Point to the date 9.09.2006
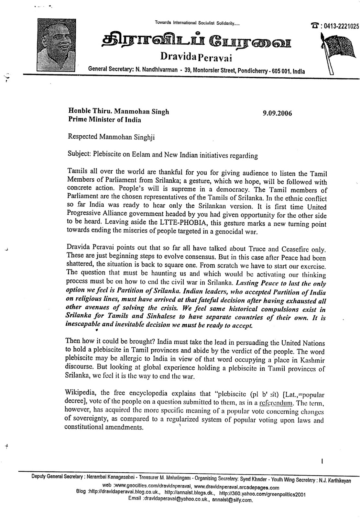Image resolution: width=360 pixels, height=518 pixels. click(x=277, y=113)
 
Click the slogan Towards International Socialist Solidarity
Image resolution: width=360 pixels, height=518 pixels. click(x=197, y=22)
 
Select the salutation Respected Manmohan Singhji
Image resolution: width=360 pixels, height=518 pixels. click(x=111, y=137)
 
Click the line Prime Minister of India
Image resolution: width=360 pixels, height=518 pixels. click(x=105, y=119)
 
